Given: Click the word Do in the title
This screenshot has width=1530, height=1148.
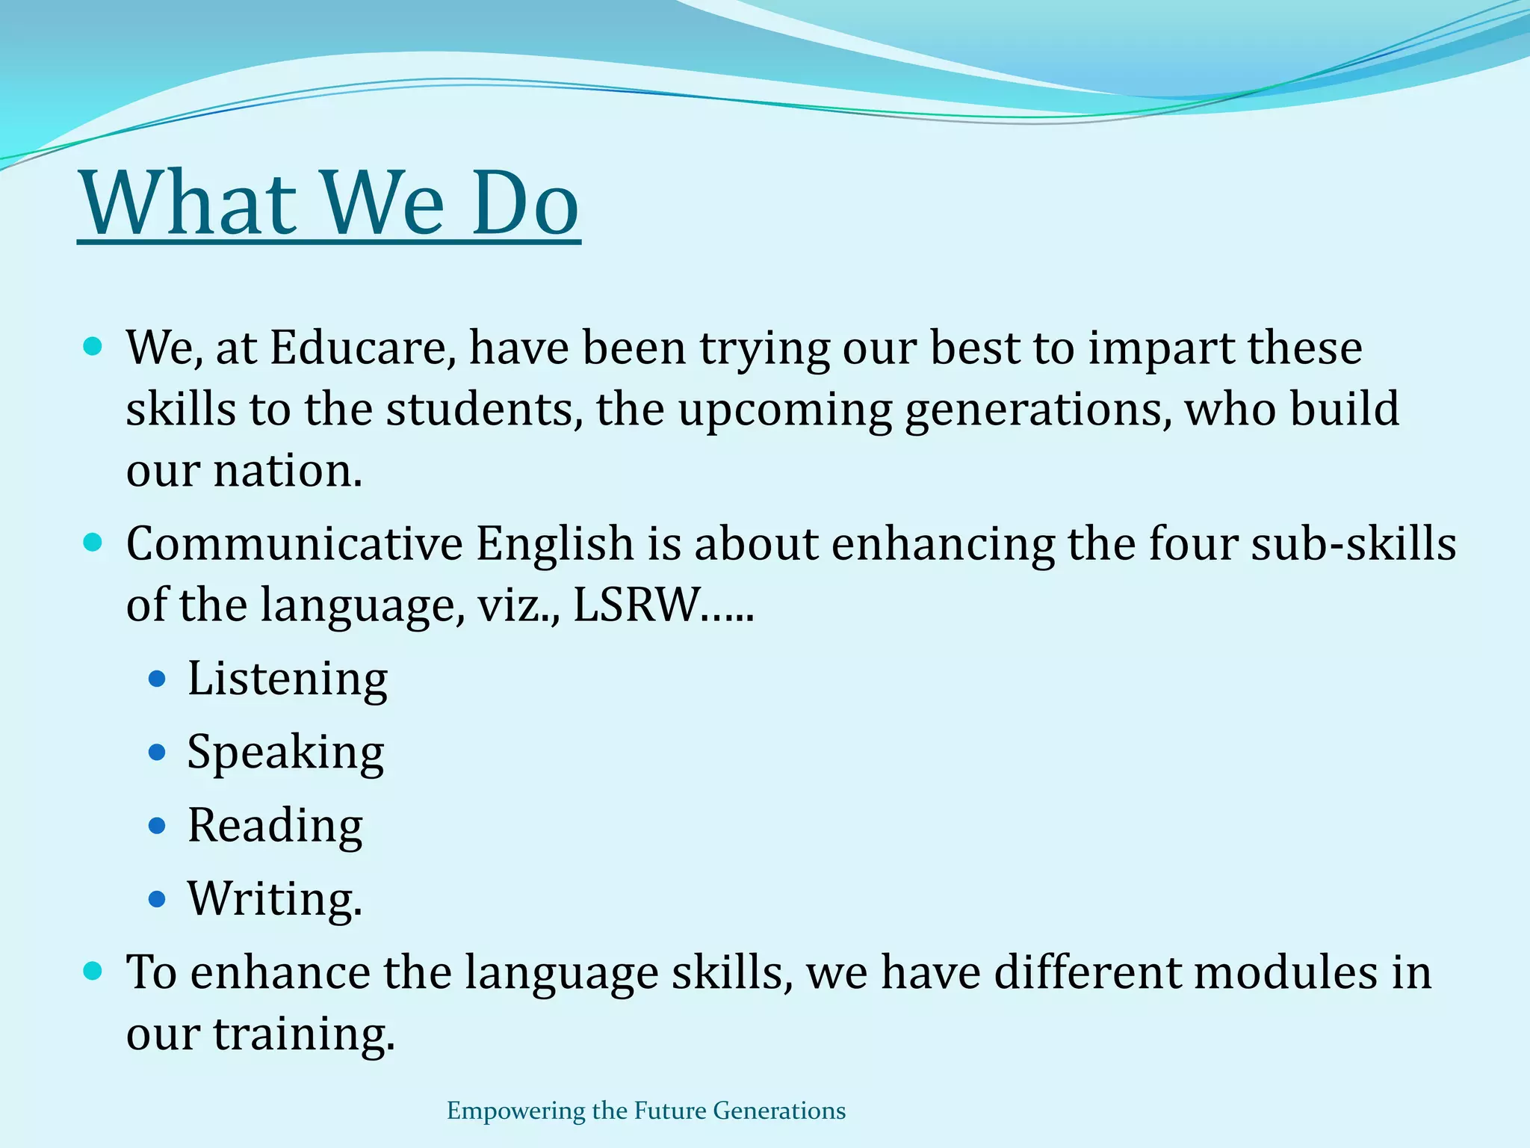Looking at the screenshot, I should pyautogui.click(x=525, y=203).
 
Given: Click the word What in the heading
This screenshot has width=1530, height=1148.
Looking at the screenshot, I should pyautogui.click(x=188, y=203).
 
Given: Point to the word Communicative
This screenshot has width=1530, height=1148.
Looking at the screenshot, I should pyautogui.click(x=294, y=543).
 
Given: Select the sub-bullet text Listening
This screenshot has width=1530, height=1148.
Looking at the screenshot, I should pyautogui.click(x=288, y=679).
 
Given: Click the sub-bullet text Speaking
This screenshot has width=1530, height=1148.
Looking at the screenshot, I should pyautogui.click(x=285, y=752).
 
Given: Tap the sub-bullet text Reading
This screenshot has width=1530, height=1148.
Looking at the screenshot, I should pyautogui.click(x=275, y=825).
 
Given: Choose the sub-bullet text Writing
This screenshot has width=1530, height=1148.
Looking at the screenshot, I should pyautogui.click(x=274, y=898).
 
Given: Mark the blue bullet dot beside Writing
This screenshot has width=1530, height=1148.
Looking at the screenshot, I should pyautogui.click(x=157, y=899).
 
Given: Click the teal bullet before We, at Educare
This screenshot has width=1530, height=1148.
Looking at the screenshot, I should pyautogui.click(x=93, y=347).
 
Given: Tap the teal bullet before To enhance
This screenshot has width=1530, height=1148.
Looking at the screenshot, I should pyautogui.click(x=93, y=971).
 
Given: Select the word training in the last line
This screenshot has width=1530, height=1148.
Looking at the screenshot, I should pyautogui.click(x=303, y=1034).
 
